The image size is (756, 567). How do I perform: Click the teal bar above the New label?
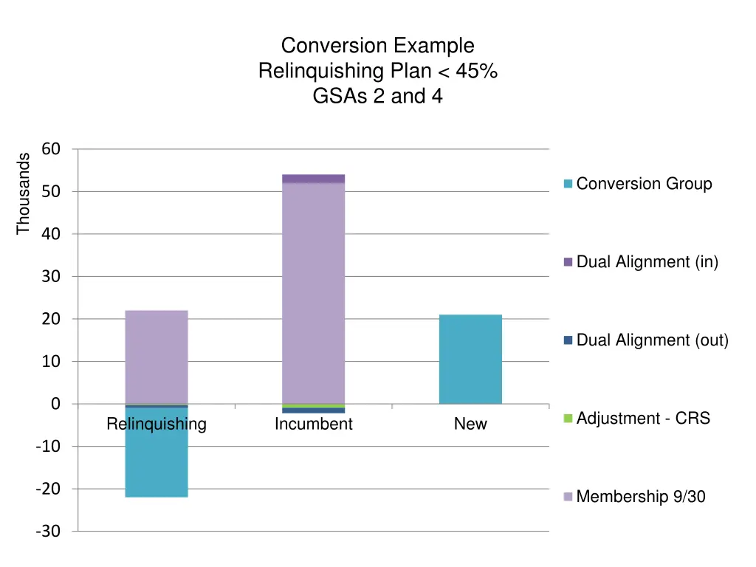point(470,359)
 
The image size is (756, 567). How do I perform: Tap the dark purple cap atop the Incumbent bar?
point(313,179)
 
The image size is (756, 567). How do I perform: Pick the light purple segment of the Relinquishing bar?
point(157,357)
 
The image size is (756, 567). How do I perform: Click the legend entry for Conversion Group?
point(638,184)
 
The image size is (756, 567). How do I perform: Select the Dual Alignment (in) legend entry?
point(641,262)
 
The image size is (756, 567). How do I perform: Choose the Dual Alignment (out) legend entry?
point(646,340)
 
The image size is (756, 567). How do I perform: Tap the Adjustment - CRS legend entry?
point(637,419)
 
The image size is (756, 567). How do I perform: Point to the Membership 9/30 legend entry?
point(635,497)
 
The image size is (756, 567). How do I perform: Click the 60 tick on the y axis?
point(51,149)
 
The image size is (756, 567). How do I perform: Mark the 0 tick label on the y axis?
point(55,404)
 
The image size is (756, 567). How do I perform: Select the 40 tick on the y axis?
point(51,234)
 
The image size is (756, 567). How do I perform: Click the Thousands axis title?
point(23,193)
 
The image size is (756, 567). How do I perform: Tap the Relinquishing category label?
point(157,425)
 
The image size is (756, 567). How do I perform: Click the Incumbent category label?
point(313,425)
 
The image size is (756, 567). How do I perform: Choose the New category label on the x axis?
point(470,425)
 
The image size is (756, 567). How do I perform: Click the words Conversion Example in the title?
point(377,46)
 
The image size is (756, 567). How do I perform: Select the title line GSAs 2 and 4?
point(377,96)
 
